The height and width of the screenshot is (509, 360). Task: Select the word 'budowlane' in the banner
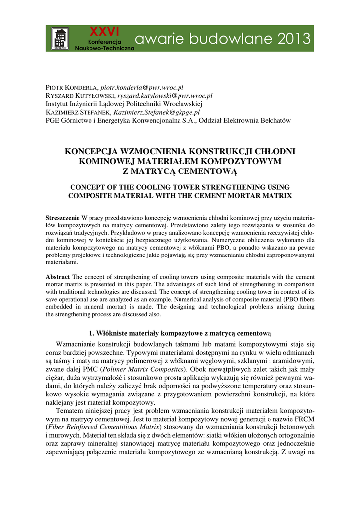point(222,38)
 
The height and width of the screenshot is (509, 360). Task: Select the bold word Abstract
point(58,276)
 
